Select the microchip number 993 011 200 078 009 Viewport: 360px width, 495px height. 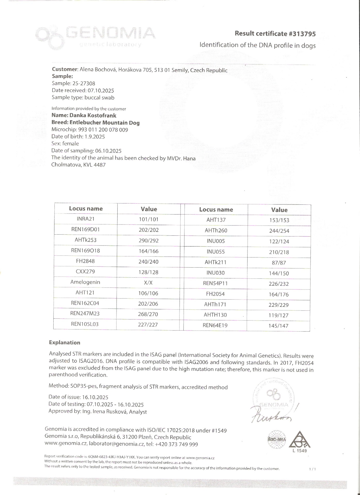[105, 130]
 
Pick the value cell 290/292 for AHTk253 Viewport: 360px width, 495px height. [149, 241]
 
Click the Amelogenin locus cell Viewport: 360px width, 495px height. [85, 282]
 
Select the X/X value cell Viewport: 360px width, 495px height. [148, 283]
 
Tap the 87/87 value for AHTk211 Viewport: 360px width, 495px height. [279, 263]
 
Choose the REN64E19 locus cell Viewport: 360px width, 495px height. [215, 325]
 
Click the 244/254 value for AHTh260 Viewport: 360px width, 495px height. [279, 231]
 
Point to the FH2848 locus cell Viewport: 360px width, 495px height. [85, 261]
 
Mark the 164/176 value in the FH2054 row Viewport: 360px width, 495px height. [279, 294]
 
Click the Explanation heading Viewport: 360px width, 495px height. [64, 343]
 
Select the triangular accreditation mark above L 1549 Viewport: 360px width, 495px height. [299, 440]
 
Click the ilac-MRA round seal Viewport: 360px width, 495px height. [277, 439]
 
